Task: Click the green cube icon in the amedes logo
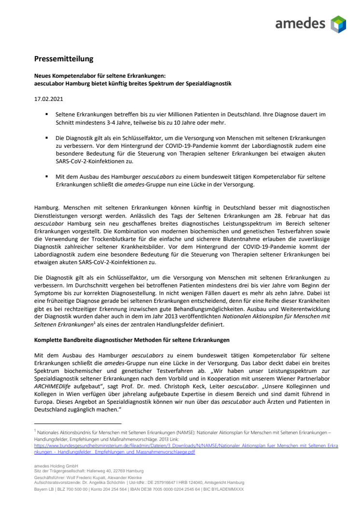coord(338,24)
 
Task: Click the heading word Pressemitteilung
coord(63,59)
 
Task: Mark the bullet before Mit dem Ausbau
coord(47,176)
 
